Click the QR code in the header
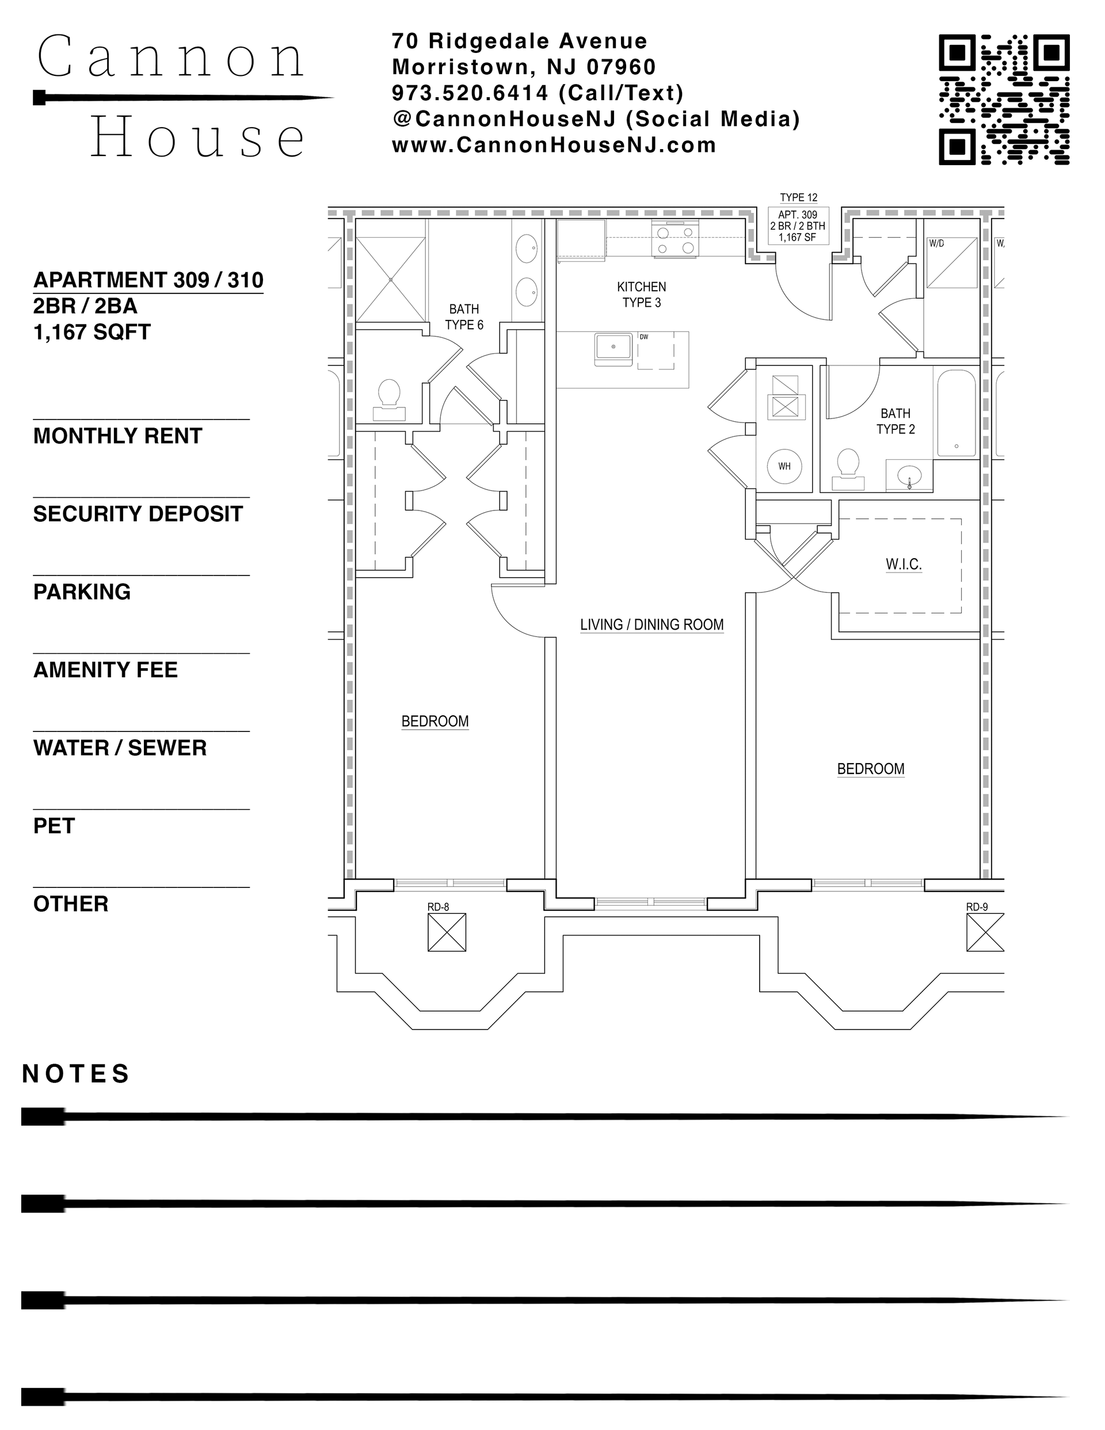pos(1004,100)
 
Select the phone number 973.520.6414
pos(470,94)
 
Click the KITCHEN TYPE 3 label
pos(641,295)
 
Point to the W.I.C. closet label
pos(903,565)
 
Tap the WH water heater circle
pos(784,466)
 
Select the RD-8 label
pos(438,907)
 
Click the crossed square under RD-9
pos(985,932)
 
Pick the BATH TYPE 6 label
pos(464,317)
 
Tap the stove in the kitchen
pos(675,238)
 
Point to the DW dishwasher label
pos(644,337)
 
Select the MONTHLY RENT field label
pos(118,436)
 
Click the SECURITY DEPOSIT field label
pos(138,514)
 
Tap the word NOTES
pos(76,1074)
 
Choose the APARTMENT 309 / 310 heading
pos(148,280)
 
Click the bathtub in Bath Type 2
pos(956,413)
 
